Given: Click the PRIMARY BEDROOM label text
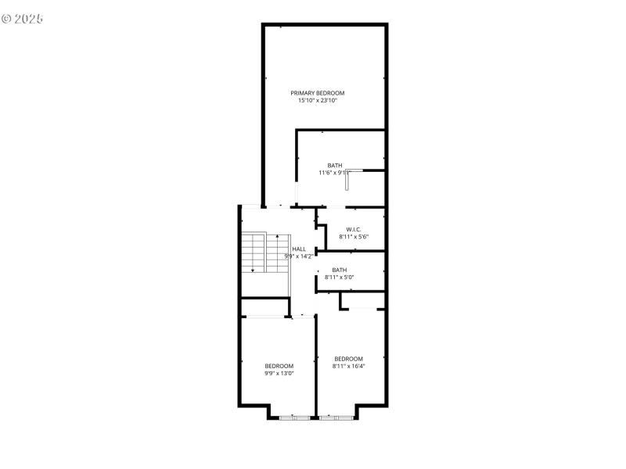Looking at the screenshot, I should [x=317, y=93].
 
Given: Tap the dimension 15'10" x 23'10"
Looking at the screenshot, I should [x=317, y=101].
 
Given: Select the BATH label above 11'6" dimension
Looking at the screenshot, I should [x=335, y=165].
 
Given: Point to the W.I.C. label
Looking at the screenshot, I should [x=353, y=229].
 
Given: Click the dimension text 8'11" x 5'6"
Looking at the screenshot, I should [x=353, y=237].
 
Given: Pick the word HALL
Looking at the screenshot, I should [x=299, y=249].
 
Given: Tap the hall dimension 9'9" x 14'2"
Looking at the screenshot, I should [x=299, y=256].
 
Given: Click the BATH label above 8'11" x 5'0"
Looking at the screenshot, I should [x=340, y=270].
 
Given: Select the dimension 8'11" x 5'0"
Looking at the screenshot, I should [x=340, y=277].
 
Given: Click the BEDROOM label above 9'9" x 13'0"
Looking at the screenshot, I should [x=279, y=366].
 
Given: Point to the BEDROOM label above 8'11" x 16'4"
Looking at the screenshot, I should [x=348, y=359].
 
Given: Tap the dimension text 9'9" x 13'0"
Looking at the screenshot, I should [x=279, y=374].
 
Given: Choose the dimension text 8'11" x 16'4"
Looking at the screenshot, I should [x=348, y=366].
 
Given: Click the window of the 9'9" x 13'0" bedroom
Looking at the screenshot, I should [x=294, y=418].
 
